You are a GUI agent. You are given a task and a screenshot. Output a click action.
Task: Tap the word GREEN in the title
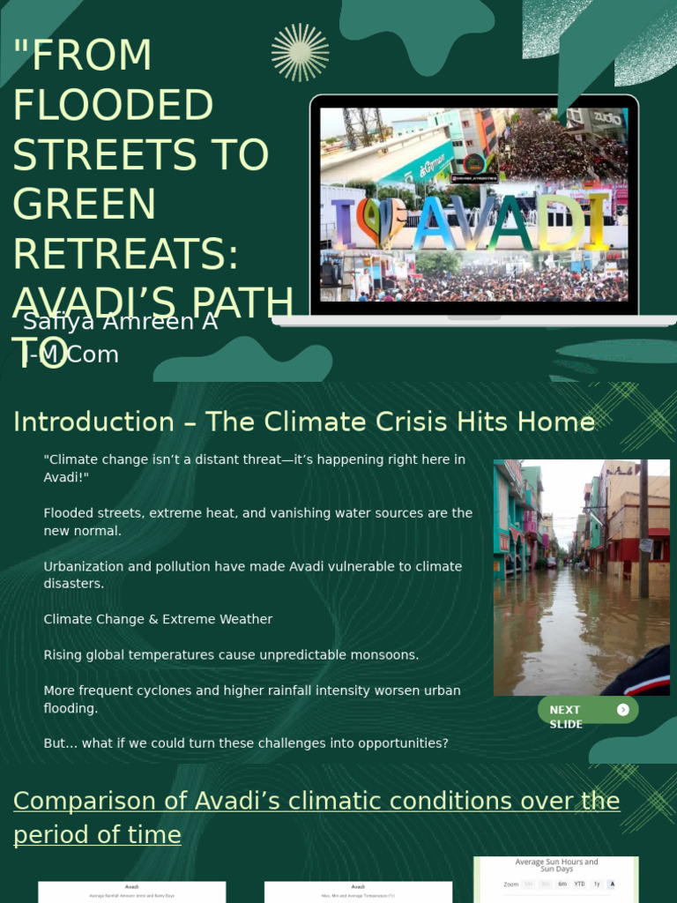coord(85,205)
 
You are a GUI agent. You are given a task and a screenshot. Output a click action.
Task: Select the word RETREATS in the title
coord(125,254)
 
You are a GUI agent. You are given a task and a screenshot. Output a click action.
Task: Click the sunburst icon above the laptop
coord(300,53)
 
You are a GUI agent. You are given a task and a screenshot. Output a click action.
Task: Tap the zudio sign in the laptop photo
coord(605,116)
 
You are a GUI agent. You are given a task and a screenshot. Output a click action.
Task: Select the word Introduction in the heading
coord(93,422)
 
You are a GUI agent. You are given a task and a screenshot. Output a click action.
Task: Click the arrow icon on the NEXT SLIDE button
coord(623,710)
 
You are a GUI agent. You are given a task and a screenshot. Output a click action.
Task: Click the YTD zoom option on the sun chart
coord(579,884)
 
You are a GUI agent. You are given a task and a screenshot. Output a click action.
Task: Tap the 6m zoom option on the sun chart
coord(562,884)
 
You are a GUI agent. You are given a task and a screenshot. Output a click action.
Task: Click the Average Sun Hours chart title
coord(556,865)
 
